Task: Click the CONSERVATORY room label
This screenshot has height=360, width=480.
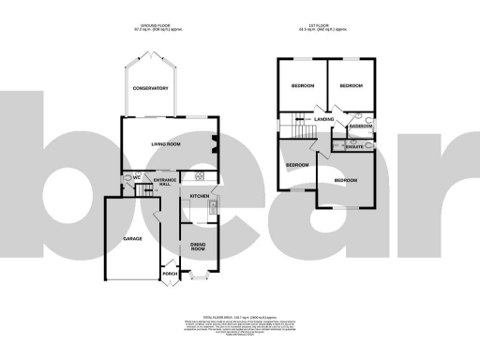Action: pos(150,88)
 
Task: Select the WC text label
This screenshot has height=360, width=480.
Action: pos(136,176)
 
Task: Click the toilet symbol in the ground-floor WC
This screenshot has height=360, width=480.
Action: pos(126,176)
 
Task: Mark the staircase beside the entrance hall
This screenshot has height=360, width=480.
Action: pos(143,190)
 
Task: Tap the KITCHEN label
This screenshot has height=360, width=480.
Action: pos(199,195)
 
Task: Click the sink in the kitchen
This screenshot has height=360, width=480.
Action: pos(214,208)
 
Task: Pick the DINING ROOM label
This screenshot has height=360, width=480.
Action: pos(198,247)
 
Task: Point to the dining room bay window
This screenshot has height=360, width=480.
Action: pos(199,275)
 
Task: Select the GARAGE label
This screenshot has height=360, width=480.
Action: pos(132,239)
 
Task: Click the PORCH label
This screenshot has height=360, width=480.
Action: pos(171,274)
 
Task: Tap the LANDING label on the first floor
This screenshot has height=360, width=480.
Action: pos(325,120)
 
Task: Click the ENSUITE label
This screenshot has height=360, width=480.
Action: pos(354,147)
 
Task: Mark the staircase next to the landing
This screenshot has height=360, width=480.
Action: pos(295,120)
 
